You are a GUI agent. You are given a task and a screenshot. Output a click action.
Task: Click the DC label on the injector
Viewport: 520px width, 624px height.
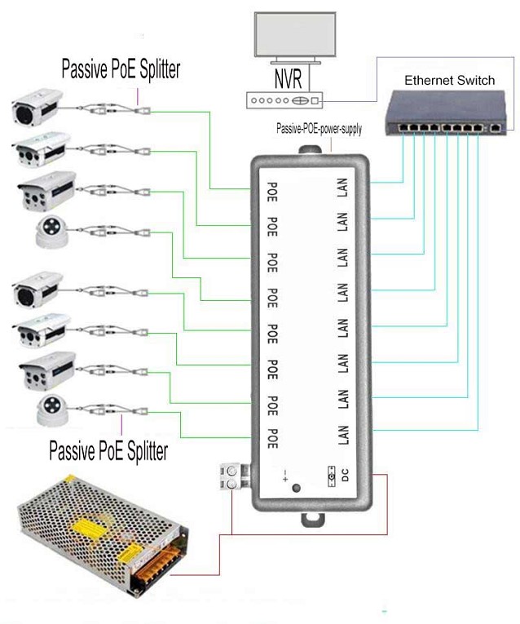(344, 478)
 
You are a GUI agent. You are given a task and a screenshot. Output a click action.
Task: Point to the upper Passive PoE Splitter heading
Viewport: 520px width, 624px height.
(121, 69)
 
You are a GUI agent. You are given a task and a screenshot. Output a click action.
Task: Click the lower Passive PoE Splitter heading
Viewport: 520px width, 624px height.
(108, 449)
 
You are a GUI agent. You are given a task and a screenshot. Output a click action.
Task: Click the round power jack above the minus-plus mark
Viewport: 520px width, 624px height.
(295, 489)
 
